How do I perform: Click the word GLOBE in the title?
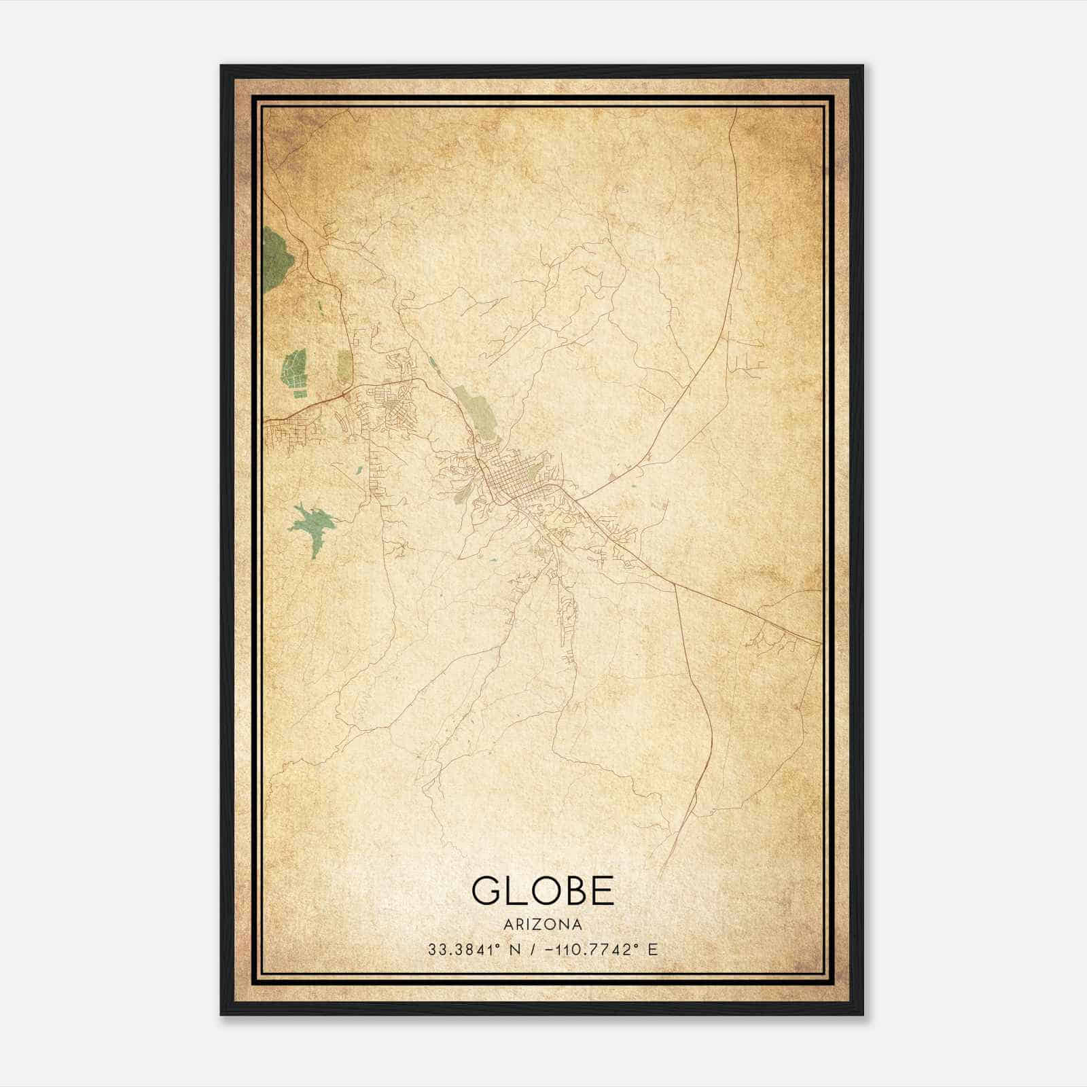click(542, 891)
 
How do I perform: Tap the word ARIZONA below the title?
click(543, 925)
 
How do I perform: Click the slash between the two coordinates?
click(534, 950)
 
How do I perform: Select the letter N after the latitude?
click(516, 950)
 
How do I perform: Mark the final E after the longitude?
click(653, 950)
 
